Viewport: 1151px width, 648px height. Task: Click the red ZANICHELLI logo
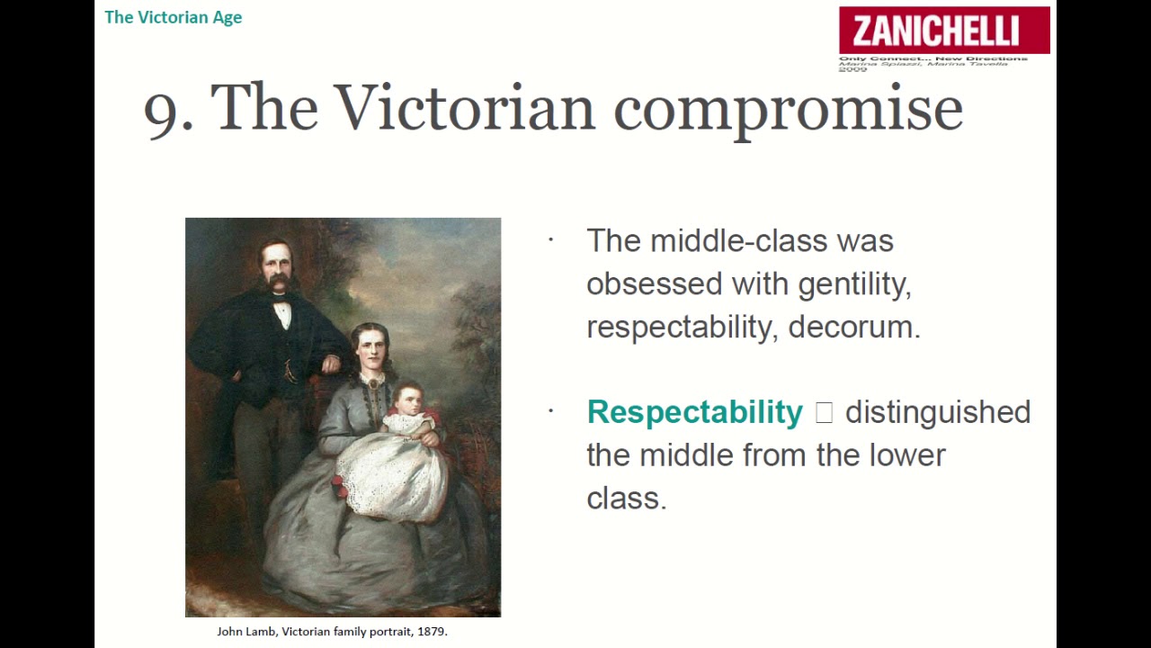(944, 31)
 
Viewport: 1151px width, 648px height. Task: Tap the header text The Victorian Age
(173, 17)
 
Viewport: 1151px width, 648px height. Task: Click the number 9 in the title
(162, 111)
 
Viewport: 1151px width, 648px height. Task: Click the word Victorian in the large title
(465, 108)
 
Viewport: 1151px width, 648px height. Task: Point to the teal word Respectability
(694, 412)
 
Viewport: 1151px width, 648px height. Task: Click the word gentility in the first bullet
(853, 284)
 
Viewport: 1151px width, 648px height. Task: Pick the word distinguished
(937, 412)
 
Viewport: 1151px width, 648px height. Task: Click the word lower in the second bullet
(907, 455)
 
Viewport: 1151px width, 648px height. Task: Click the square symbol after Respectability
(824, 412)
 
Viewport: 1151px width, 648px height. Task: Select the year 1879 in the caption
(430, 632)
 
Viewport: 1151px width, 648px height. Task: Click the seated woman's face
(371, 353)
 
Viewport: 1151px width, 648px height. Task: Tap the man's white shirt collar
(282, 310)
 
